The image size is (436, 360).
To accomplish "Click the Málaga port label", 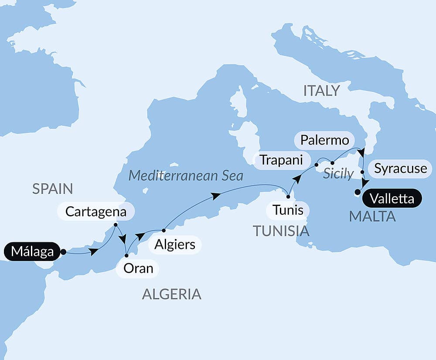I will pyautogui.click(x=32, y=252).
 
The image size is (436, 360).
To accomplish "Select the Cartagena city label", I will pyautogui.click(x=96, y=212).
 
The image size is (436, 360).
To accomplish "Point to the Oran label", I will pyautogui.click(x=138, y=268).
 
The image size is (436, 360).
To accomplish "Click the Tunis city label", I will pyautogui.click(x=288, y=210).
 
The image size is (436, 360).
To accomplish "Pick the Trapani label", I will pyautogui.click(x=281, y=160).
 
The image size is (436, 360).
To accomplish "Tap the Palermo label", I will pyautogui.click(x=324, y=140).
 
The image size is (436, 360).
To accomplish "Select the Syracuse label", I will pyautogui.click(x=401, y=168).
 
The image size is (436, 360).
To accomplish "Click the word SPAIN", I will pyautogui.click(x=52, y=189).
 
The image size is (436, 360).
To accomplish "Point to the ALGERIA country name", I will pyautogui.click(x=172, y=294).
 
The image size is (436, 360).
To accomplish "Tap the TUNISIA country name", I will pyautogui.click(x=281, y=231).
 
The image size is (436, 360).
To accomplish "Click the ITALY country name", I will pyautogui.click(x=322, y=91).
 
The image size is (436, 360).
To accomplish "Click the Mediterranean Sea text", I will pyautogui.click(x=186, y=176).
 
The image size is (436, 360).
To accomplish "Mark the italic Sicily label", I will pyautogui.click(x=338, y=174).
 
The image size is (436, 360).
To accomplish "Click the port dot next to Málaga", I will pyautogui.click(x=63, y=252).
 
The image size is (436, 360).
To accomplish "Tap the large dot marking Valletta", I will pyautogui.click(x=358, y=192).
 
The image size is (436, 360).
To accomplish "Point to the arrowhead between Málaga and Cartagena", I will pyautogui.click(x=93, y=251).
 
